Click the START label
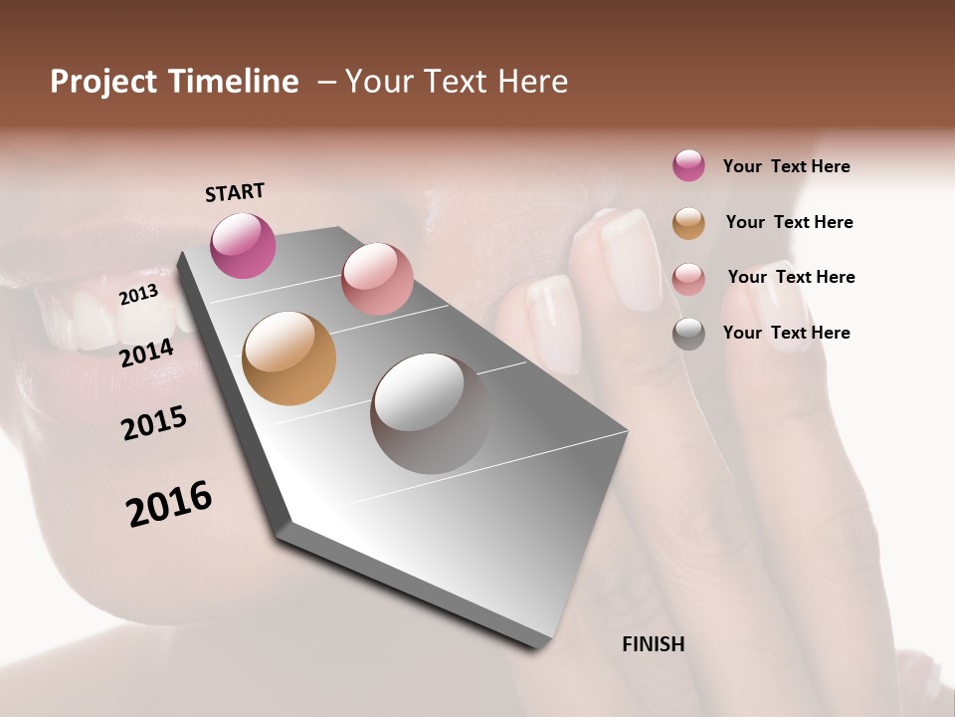[235, 192]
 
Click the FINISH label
[654, 644]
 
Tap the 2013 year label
[139, 295]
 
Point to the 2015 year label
[154, 423]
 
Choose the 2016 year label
[169, 504]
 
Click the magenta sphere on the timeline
[243, 245]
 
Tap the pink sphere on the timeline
[377, 279]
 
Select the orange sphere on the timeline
[288, 358]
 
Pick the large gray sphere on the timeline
[430, 413]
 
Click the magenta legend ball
[688, 165]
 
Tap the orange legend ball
[688, 223]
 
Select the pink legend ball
[688, 279]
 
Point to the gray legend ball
[688, 334]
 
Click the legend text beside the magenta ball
[786, 166]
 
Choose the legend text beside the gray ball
[786, 333]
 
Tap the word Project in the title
[101, 82]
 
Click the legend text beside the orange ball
[789, 222]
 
